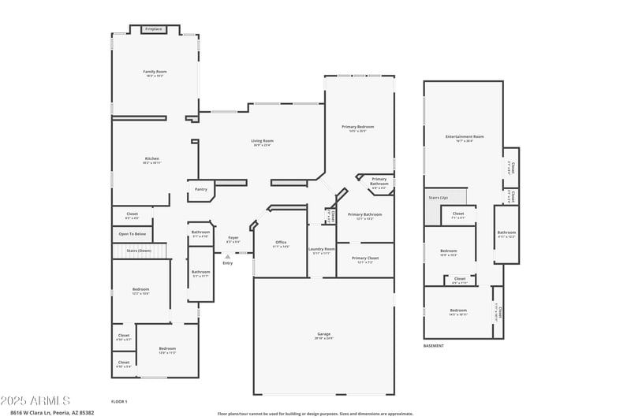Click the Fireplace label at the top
pos(153,29)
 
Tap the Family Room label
pos(155,72)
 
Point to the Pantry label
pos(201,189)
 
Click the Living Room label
pos(263,141)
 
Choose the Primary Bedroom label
pos(358,127)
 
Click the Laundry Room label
pos(322,249)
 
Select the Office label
pos(281,242)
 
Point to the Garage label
pos(324,334)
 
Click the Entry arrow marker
pos(227,256)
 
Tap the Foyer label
pos(233,237)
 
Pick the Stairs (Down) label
pos(139,250)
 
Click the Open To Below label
pos(132,233)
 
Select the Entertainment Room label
pos(465,137)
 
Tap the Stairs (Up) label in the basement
pos(439,197)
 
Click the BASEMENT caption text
pos(434,346)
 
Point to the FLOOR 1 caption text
pos(119,402)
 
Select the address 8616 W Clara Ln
pos(52,412)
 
